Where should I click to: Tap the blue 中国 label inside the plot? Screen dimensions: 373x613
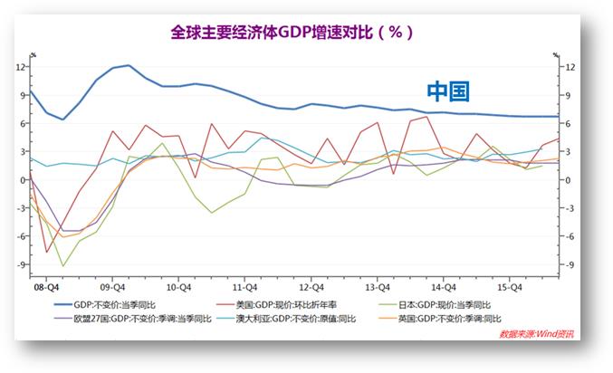[x=448, y=92]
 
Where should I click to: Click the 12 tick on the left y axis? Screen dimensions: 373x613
[x=20, y=67]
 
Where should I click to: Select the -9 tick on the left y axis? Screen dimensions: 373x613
[x=18, y=264]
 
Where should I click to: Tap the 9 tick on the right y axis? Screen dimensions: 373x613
[x=566, y=95]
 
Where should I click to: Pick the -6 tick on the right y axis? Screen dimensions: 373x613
[x=568, y=236]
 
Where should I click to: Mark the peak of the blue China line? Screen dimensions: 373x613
[x=128, y=65]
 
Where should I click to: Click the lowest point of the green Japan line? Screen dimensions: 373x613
[x=62, y=266]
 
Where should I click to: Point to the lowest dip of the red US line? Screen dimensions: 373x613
[x=46, y=253]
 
